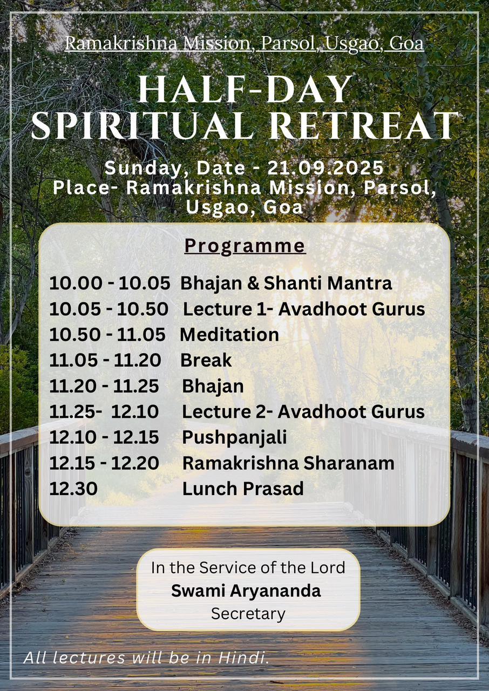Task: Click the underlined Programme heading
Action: (x=245, y=247)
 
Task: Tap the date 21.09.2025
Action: (x=325, y=168)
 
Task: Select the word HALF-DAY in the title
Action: (x=245, y=89)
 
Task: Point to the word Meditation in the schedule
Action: (x=229, y=335)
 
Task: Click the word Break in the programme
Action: (x=206, y=360)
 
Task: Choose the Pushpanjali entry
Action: (x=235, y=438)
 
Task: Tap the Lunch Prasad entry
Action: (x=243, y=489)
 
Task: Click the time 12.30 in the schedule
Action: (x=73, y=489)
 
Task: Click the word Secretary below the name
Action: (x=248, y=614)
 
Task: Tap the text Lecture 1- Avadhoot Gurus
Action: (x=304, y=309)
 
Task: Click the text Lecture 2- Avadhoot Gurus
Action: (x=303, y=412)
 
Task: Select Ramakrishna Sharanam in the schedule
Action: (x=288, y=463)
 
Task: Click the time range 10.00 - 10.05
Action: (x=110, y=283)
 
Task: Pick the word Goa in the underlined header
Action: (x=406, y=44)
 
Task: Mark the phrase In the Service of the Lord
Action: (x=248, y=567)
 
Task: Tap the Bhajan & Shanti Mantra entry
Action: (x=286, y=283)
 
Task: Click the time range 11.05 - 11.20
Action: (x=105, y=360)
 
